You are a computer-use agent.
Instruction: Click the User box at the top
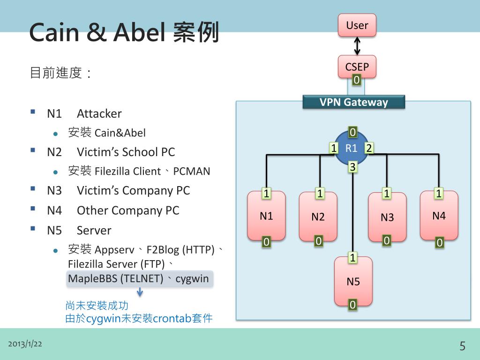coord(357,25)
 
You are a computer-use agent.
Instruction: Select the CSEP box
coord(357,67)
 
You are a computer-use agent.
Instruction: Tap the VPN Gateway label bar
coord(353,102)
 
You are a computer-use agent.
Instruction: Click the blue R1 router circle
coord(351,149)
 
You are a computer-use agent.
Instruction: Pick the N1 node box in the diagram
coord(266,216)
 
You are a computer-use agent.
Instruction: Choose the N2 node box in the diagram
coord(318,217)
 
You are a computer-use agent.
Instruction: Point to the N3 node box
coord(387,217)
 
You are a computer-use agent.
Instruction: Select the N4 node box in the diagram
coord(439,216)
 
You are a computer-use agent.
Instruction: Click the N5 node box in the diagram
coord(353,281)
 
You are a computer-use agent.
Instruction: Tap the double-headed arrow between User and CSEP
coord(357,46)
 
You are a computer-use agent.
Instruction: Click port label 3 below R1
coord(352,166)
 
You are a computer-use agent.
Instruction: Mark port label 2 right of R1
coord(369,148)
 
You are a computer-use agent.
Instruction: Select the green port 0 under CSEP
coord(356,80)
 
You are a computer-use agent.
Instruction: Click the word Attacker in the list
coord(99,113)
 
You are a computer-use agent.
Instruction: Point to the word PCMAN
coord(192,172)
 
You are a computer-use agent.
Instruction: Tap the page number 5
coord(462,346)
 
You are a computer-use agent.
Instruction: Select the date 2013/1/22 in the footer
coord(25,344)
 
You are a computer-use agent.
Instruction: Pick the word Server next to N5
coord(94,231)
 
